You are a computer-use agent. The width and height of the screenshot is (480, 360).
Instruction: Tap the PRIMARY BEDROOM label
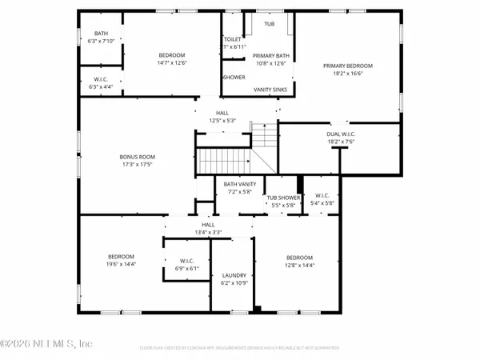348,65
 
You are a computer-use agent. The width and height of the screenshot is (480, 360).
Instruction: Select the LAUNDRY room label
234,274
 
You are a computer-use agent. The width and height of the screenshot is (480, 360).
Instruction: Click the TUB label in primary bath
270,24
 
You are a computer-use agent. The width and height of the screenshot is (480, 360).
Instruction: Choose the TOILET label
233,38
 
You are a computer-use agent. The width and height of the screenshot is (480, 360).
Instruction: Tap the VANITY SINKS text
270,90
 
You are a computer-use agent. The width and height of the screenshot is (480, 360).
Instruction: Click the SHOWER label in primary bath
234,78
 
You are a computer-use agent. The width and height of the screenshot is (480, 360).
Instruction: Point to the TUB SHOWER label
283,197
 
